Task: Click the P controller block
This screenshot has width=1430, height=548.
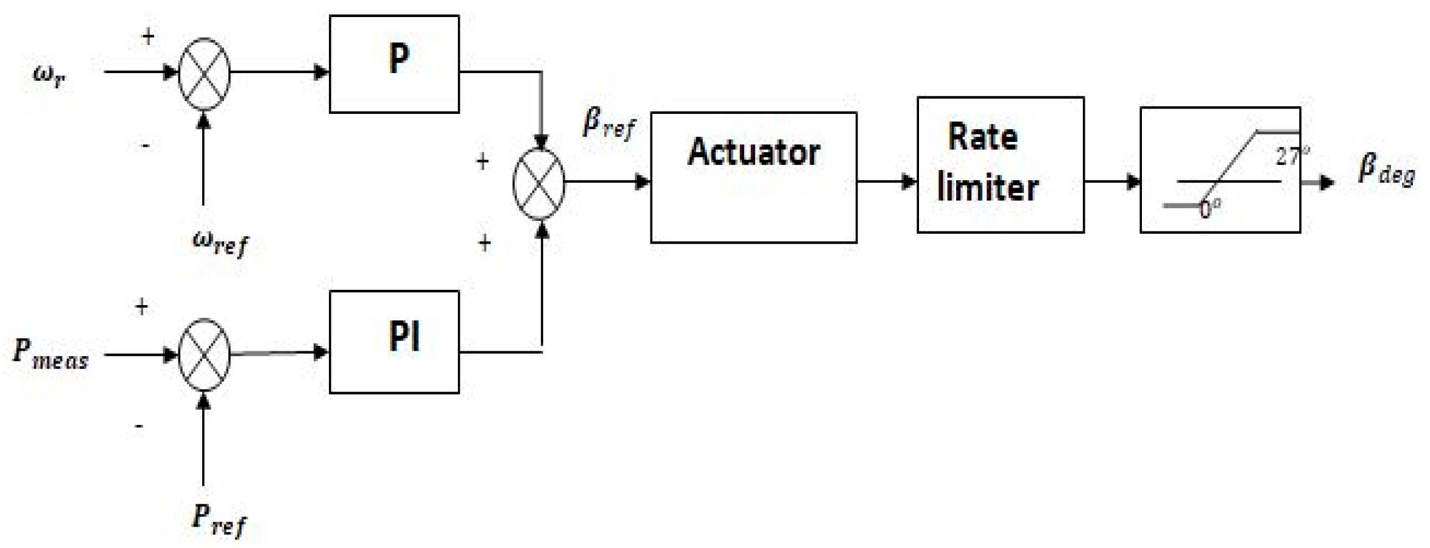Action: click(394, 64)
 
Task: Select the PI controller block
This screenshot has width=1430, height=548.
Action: click(394, 342)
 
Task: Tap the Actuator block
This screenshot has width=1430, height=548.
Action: click(753, 177)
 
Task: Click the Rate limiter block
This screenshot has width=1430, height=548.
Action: click(1000, 164)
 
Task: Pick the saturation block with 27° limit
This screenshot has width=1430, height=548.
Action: click(1220, 170)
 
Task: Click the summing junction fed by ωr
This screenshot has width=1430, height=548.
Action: click(204, 74)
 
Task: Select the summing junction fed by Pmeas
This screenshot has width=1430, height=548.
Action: click(204, 354)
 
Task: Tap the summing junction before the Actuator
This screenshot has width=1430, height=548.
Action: click(539, 183)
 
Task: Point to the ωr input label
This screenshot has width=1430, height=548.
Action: click(49, 76)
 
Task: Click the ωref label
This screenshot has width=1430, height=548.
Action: click(220, 243)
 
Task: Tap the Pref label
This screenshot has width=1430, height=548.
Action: click(219, 520)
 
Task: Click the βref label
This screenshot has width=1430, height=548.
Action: click(608, 124)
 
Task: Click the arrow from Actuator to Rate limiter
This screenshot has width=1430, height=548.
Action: click(887, 181)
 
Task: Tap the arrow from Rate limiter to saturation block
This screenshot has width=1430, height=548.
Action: click(1112, 181)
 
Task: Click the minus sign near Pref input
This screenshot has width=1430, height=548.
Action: click(139, 426)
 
